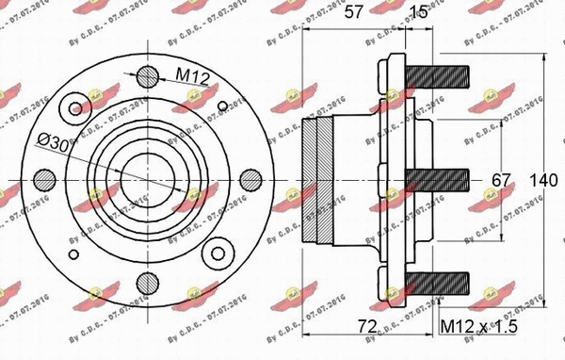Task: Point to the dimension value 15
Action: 420,13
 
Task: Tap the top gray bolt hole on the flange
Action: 147,76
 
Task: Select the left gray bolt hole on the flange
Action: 44,179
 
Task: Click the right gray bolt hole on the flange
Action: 250,179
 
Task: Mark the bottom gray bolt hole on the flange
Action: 147,282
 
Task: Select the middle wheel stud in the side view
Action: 438,179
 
